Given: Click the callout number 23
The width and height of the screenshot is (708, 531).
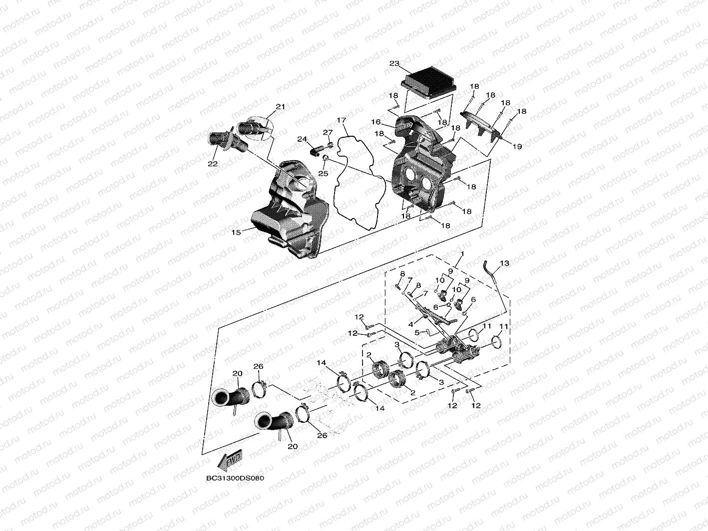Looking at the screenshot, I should (394, 64).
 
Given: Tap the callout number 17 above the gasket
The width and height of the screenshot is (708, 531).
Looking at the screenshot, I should (341, 120).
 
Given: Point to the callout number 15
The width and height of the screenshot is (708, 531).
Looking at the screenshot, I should (236, 232).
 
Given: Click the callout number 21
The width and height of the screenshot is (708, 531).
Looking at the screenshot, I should (280, 107).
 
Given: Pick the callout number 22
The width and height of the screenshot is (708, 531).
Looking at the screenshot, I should (213, 164).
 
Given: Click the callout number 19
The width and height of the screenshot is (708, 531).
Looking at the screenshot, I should (517, 147).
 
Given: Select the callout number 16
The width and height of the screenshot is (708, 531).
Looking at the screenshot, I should (375, 122).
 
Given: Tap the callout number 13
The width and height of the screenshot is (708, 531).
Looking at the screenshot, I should (505, 263).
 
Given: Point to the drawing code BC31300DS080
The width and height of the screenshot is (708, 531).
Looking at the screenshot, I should (235, 478).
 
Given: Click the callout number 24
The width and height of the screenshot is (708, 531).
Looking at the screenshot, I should (302, 139).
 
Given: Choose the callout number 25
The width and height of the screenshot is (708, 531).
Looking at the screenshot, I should (322, 173).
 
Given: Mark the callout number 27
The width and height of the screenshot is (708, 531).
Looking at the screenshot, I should (327, 132).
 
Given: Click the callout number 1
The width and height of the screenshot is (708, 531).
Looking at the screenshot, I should (462, 254).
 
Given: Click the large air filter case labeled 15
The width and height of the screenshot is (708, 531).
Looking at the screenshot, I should (290, 210).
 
